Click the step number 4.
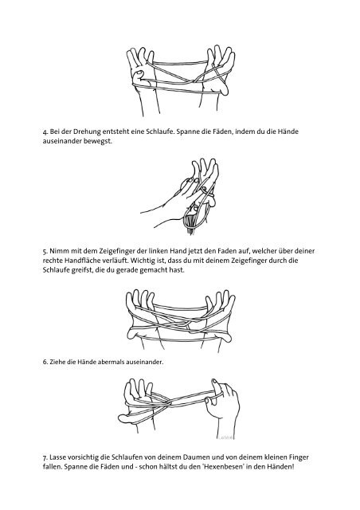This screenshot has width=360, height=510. click(45, 132)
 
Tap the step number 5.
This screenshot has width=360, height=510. click(45, 252)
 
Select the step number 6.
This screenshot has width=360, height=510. click(45, 362)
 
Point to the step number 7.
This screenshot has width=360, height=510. click(45, 457)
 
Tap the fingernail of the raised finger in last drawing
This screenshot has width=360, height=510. click(214, 381)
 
